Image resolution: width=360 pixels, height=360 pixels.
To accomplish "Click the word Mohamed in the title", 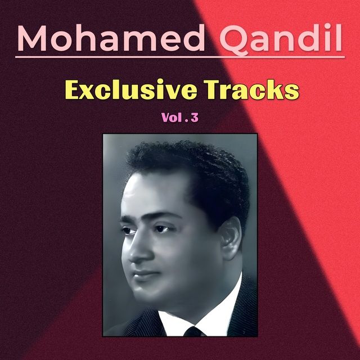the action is point(111,38).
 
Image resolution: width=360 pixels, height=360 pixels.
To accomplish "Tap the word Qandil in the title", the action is point(281,39).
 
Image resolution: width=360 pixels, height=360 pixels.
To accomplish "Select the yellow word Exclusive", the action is point(131,89).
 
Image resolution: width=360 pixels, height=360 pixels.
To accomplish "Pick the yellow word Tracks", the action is point(252,89).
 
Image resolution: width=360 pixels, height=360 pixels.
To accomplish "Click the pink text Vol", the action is point(170,118).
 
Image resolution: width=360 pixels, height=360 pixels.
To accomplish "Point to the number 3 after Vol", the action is point(194,118).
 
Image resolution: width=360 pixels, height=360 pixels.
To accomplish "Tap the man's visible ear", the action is point(230,238).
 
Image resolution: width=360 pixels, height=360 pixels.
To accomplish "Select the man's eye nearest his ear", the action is point(162,228).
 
